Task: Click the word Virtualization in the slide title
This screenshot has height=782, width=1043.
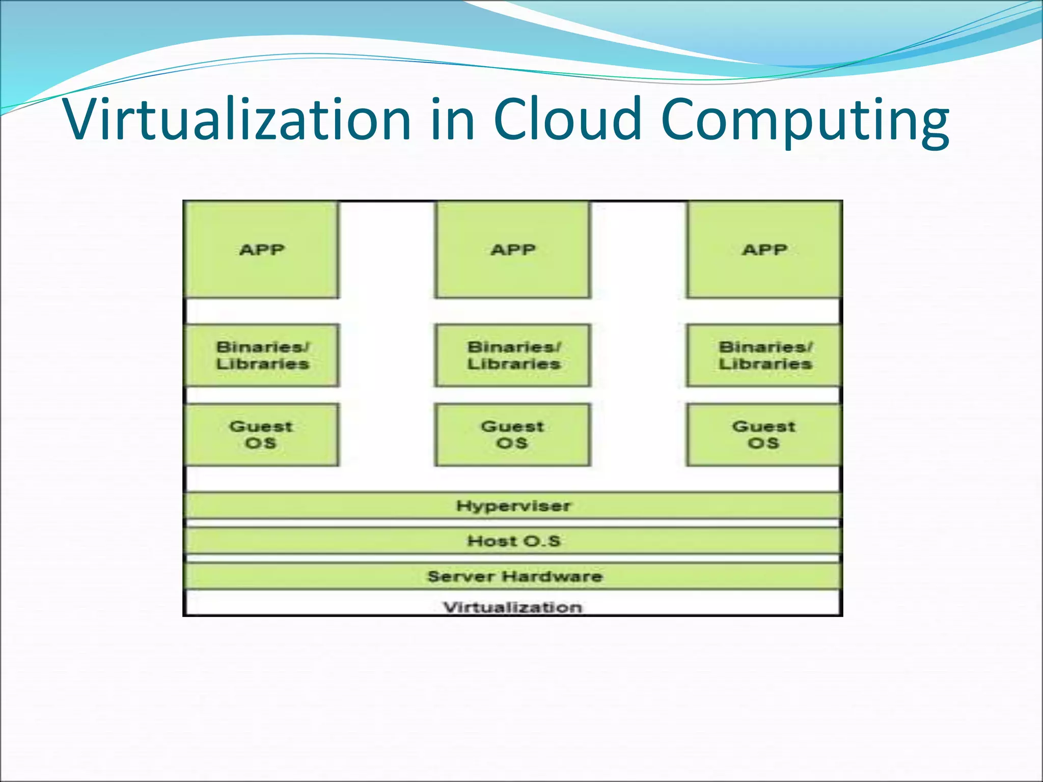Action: click(x=237, y=119)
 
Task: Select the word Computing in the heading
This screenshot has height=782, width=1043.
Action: click(x=805, y=122)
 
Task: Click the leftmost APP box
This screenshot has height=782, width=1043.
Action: click(x=262, y=249)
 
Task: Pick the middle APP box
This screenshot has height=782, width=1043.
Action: click(x=513, y=249)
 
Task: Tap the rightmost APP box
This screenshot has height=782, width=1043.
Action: click(x=764, y=249)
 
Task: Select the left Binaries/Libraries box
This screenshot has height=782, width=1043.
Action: click(x=262, y=355)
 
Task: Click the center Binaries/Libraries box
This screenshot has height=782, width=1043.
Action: click(x=513, y=355)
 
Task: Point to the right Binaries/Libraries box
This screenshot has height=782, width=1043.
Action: click(x=764, y=355)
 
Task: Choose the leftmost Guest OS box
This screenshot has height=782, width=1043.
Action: click(x=261, y=435)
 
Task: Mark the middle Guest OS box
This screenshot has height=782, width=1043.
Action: click(x=512, y=435)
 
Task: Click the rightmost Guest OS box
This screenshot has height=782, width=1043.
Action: click(x=763, y=435)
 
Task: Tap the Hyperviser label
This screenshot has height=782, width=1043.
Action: click(x=513, y=506)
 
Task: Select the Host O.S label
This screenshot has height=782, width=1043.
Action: click(x=513, y=541)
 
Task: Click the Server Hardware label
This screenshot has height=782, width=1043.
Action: click(x=514, y=576)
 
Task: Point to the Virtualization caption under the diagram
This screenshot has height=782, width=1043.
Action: click(x=512, y=607)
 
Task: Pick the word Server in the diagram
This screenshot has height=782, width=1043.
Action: click(x=461, y=576)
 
